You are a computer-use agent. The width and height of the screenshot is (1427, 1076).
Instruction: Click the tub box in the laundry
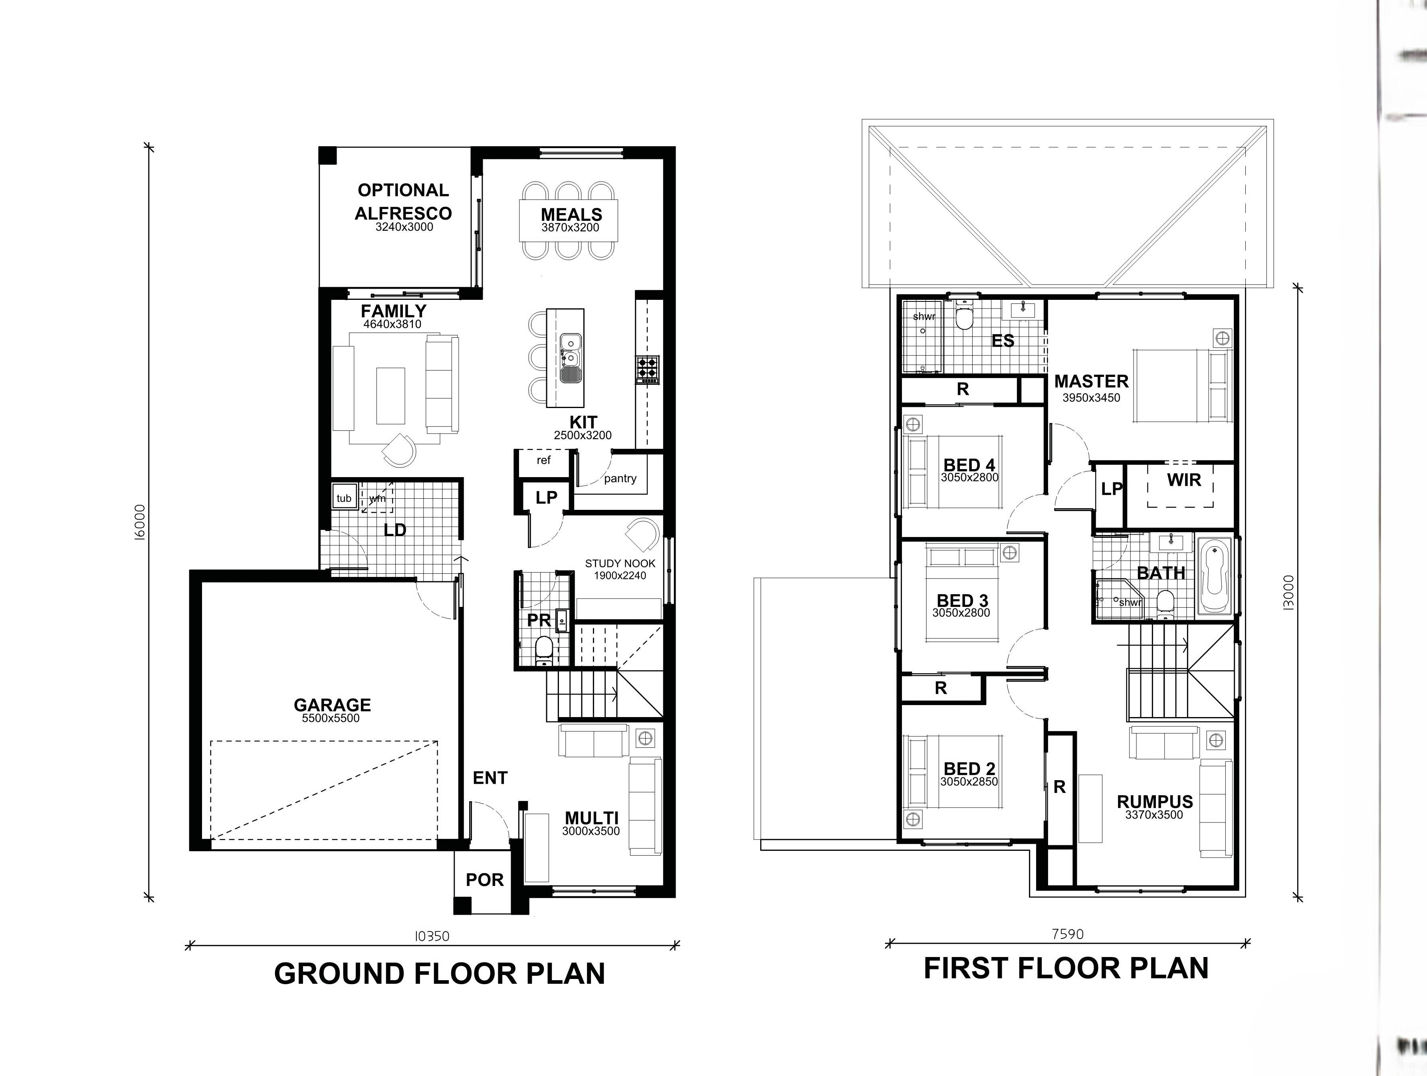(x=344, y=498)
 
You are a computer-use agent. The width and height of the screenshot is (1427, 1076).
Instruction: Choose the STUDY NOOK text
(x=620, y=563)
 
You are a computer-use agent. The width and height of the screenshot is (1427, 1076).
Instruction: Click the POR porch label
(x=484, y=880)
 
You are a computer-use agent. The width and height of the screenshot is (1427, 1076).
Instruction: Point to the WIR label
(x=1184, y=480)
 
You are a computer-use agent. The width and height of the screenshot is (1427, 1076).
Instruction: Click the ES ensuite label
(x=1003, y=341)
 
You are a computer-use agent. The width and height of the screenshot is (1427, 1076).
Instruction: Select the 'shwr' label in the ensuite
(x=924, y=317)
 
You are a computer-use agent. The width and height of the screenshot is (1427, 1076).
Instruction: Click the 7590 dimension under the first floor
(x=1068, y=933)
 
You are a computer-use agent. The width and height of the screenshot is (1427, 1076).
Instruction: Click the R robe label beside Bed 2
(x=1059, y=787)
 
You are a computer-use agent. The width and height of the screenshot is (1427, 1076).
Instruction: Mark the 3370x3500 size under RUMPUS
(x=1154, y=815)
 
